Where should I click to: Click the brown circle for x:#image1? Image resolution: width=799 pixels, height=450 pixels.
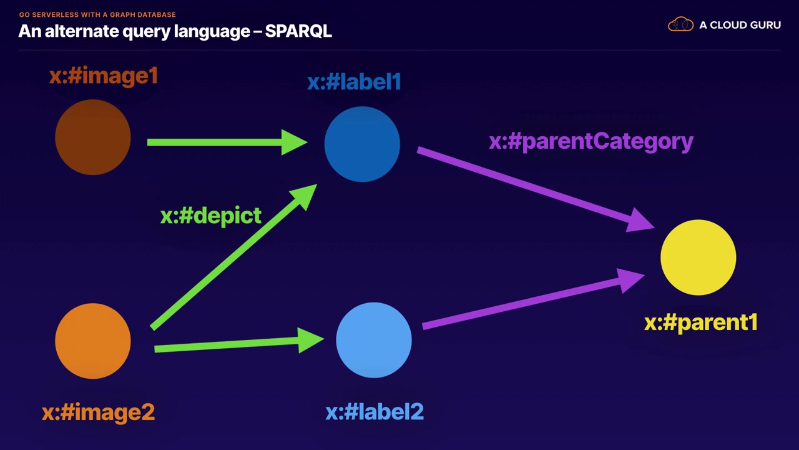tap(93, 137)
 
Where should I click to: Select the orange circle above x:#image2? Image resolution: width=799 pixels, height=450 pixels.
tap(93, 341)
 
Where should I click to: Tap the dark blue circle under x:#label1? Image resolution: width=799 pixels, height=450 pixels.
tap(362, 144)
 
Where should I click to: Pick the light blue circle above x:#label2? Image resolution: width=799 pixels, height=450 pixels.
tap(374, 340)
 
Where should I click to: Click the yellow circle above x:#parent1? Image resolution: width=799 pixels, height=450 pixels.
tap(698, 257)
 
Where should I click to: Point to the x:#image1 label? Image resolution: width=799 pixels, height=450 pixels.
tap(104, 76)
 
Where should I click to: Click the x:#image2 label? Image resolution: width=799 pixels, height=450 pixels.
tap(98, 412)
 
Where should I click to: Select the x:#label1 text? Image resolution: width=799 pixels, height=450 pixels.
tap(354, 82)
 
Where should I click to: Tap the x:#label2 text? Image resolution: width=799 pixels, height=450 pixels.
tap(375, 412)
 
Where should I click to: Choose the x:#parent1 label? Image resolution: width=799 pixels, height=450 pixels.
tap(701, 322)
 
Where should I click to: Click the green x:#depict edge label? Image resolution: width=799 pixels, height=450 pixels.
tap(211, 216)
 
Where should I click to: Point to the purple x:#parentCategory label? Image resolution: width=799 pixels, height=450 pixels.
tap(591, 141)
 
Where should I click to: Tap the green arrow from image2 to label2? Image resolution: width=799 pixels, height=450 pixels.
tap(237, 343)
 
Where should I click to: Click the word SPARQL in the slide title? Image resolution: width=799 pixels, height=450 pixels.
tap(298, 31)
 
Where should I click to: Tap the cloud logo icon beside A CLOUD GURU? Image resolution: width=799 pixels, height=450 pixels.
tap(680, 25)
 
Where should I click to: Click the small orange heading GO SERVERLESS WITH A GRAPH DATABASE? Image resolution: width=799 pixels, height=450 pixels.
tap(97, 14)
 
